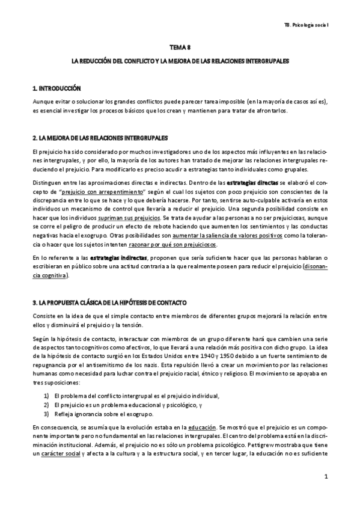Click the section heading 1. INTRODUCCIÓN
point(57,88)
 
